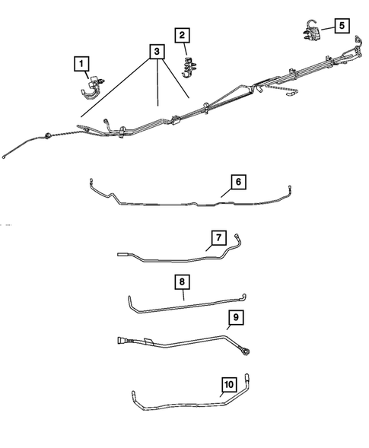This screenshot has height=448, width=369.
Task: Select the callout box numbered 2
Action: click(x=182, y=35)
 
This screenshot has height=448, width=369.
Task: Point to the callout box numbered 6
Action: click(x=238, y=182)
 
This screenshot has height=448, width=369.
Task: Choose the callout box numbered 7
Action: click(x=218, y=239)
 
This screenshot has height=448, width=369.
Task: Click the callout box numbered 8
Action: click(x=183, y=281)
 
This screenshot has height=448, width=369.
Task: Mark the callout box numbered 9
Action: click(x=236, y=316)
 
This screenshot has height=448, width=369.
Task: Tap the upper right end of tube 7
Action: click(x=236, y=237)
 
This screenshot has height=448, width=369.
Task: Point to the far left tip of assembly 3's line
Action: click(x=5, y=157)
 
